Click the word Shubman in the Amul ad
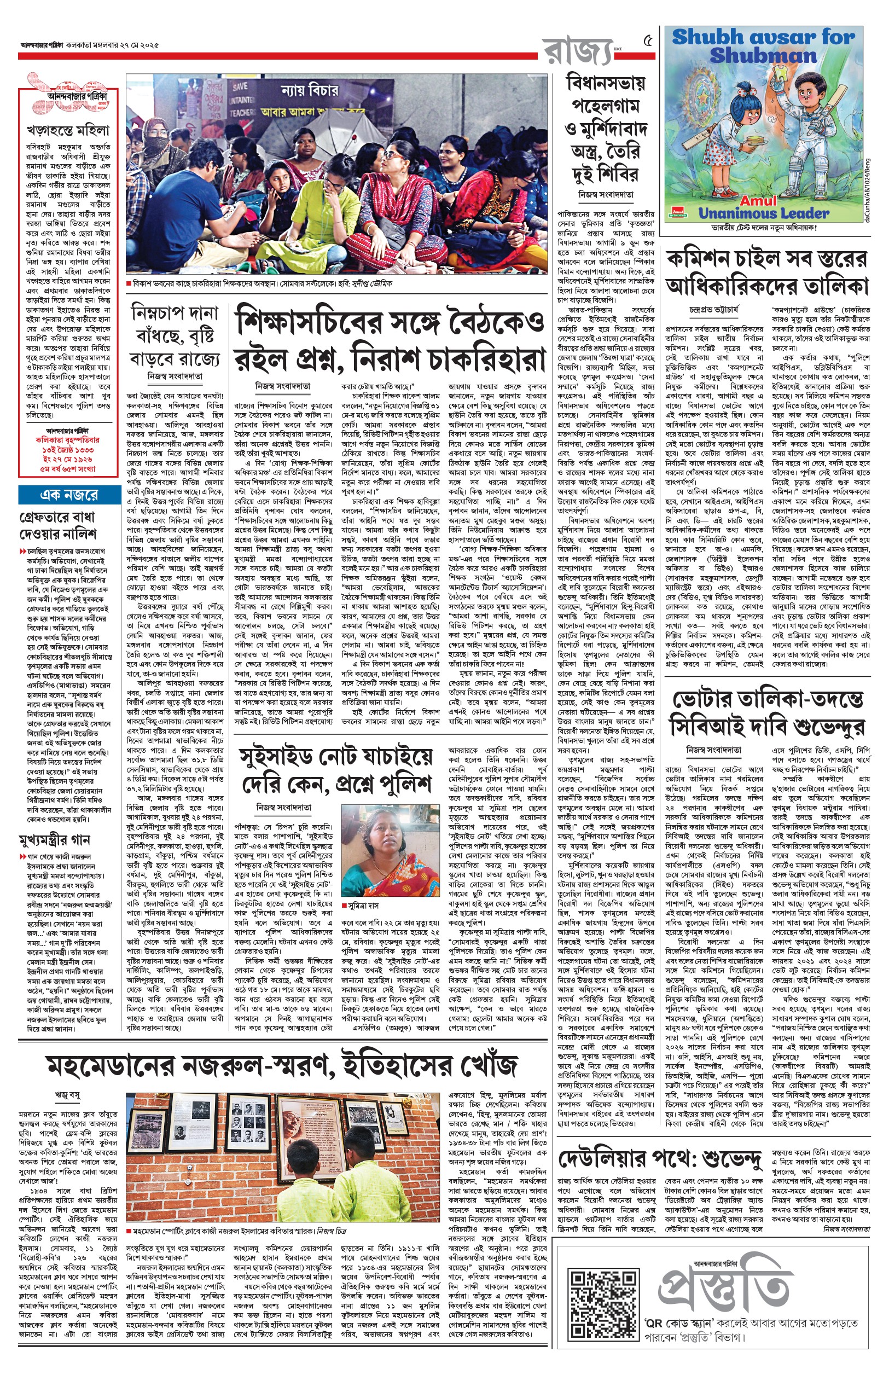[763, 56]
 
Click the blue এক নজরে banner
[69, 495]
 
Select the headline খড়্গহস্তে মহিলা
[67, 131]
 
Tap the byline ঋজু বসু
[67, 1094]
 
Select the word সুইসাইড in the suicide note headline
[282, 758]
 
